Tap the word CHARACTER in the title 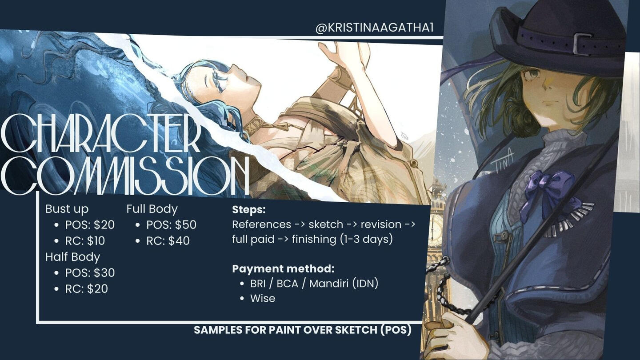[x=100, y=133]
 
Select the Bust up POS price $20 [x=104, y=225]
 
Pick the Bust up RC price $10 [x=96, y=241]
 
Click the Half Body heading [x=72, y=257]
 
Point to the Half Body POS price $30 [x=104, y=272]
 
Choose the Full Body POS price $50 [x=186, y=225]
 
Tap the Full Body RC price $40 [x=179, y=241]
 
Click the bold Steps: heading [x=249, y=209]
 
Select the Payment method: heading [x=283, y=268]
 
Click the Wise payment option [x=263, y=298]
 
